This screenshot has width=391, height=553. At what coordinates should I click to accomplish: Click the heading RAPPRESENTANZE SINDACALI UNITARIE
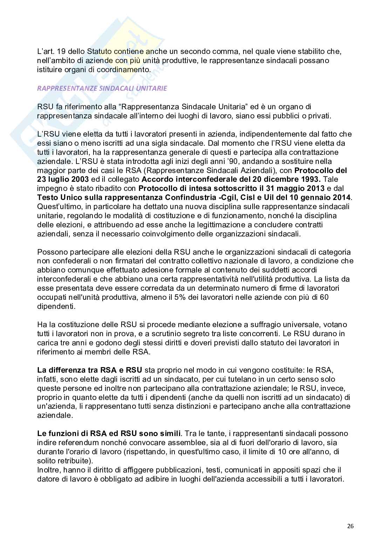click(x=102, y=88)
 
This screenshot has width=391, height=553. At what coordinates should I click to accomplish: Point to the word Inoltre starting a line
click(x=48, y=470)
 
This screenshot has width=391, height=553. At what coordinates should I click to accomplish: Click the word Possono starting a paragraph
click(x=51, y=252)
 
